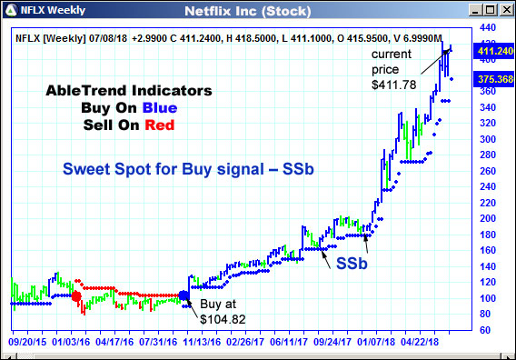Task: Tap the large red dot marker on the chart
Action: pyautogui.click(x=76, y=296)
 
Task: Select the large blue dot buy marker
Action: pyautogui.click(x=184, y=295)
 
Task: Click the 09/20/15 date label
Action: pyautogui.click(x=26, y=345)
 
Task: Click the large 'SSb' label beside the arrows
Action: pyautogui.click(x=352, y=263)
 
